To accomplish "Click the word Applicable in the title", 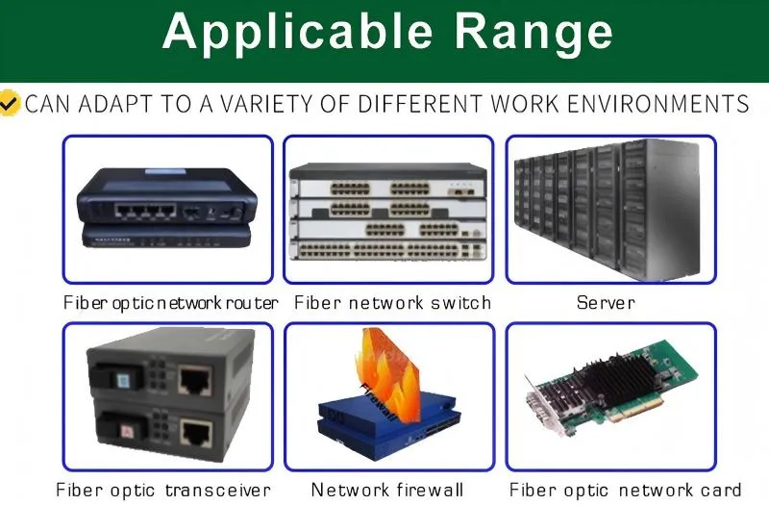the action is [297, 33].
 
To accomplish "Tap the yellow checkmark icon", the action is [10, 103].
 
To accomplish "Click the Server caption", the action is [606, 302].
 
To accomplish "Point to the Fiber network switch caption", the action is [392, 302].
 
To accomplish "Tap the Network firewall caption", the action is [387, 490].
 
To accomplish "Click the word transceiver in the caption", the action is [218, 490].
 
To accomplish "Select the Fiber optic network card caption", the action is [626, 490].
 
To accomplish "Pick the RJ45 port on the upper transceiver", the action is [195, 380].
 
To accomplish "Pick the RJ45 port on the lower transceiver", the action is [196, 432].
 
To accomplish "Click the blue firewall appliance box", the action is [388, 423].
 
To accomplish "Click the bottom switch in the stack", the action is [388, 249].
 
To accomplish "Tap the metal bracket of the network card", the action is [545, 412].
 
